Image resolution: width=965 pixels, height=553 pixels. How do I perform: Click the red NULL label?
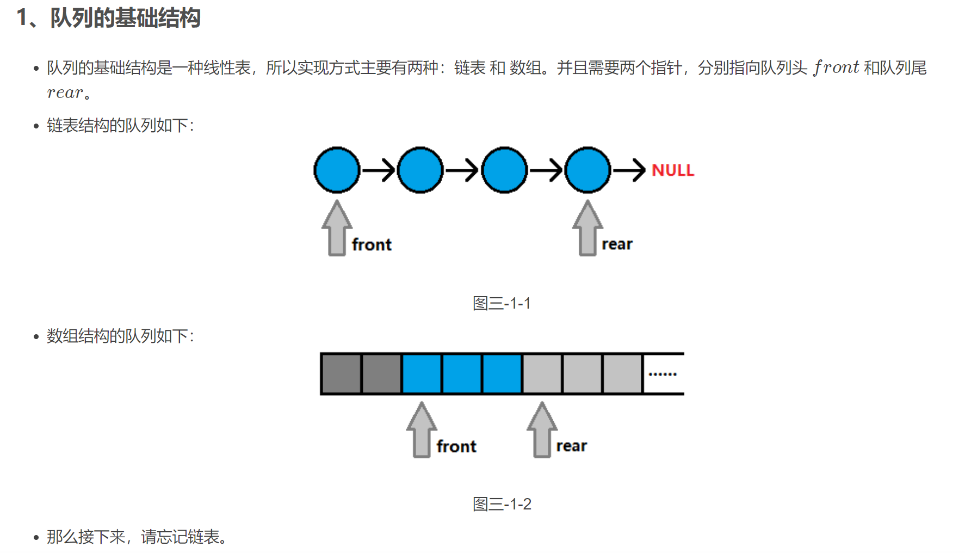click(x=672, y=170)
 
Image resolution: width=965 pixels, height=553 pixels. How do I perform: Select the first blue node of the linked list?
click(x=337, y=170)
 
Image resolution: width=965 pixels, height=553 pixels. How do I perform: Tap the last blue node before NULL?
click(x=587, y=170)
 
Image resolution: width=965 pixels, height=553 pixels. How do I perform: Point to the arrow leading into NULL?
click(x=629, y=170)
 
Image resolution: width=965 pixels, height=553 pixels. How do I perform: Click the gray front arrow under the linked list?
click(x=337, y=229)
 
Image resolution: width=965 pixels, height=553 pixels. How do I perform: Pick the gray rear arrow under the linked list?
click(x=587, y=229)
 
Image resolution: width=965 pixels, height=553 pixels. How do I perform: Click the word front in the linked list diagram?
click(x=372, y=244)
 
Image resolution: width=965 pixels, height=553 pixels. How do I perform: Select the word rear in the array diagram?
click(x=571, y=446)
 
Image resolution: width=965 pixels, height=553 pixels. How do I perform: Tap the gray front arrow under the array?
click(x=422, y=430)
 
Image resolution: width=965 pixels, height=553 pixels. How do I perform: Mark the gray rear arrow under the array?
click(x=542, y=430)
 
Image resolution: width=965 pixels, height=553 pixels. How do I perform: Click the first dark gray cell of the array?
click(x=342, y=374)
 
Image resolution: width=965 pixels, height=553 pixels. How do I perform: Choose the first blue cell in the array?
click(x=422, y=374)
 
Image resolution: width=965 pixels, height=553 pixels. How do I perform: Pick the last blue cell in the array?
click(x=502, y=374)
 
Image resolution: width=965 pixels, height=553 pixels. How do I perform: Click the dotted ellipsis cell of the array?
click(x=663, y=374)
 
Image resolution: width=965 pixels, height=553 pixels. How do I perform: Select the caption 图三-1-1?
click(x=502, y=303)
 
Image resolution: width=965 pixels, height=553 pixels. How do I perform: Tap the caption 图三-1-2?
click(x=502, y=504)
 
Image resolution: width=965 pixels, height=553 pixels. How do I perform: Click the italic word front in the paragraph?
click(x=836, y=67)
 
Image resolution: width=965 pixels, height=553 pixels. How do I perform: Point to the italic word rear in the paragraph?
click(x=65, y=93)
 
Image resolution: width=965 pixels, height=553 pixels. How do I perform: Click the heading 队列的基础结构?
click(x=125, y=18)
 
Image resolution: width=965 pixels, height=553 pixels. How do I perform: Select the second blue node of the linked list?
click(x=420, y=170)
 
